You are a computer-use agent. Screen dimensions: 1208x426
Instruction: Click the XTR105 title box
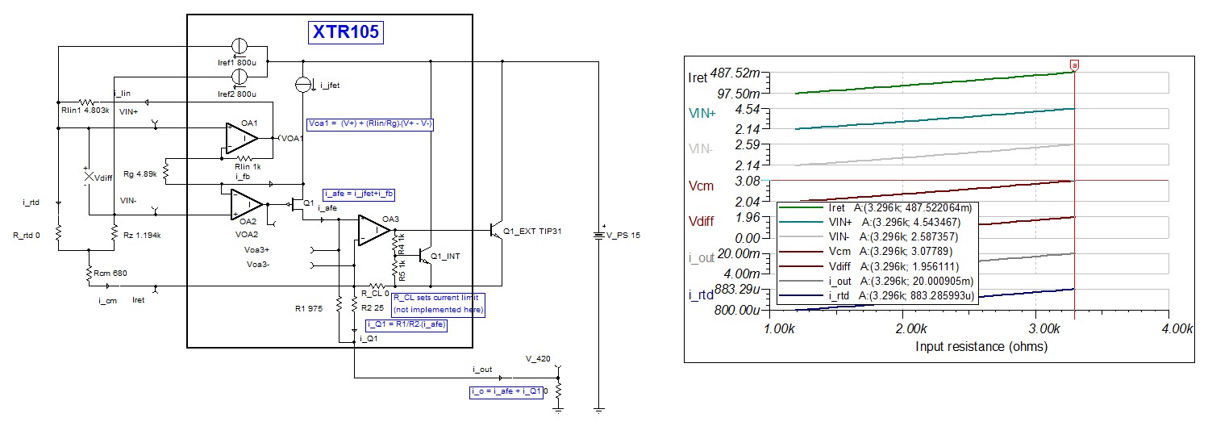click(346, 31)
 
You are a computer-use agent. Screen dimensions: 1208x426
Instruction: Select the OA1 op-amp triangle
click(241, 139)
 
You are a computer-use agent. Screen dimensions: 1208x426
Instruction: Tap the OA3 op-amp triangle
click(373, 230)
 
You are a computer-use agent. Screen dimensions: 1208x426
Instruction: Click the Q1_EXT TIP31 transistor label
click(532, 232)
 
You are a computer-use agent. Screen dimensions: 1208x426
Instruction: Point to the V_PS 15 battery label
click(623, 236)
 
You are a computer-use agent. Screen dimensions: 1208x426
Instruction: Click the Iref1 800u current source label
click(237, 63)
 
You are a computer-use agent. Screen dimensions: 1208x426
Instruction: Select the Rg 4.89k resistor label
click(140, 174)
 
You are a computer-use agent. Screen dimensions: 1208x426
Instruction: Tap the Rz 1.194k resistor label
click(142, 236)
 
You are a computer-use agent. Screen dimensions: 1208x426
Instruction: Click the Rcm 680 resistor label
click(110, 274)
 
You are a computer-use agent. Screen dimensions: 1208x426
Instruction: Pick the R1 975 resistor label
click(309, 309)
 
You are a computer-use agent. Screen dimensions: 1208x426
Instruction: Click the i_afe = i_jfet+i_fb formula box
click(359, 194)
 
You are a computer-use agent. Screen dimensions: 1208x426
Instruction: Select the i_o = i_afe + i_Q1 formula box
click(506, 392)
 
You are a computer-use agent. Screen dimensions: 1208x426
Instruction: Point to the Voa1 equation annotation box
click(370, 124)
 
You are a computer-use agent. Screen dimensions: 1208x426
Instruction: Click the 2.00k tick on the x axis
click(911, 329)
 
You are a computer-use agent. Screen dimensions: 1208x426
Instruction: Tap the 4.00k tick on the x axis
click(1177, 329)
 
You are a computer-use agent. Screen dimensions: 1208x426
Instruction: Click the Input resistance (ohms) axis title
click(981, 347)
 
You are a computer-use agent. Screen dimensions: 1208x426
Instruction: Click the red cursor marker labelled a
click(1074, 65)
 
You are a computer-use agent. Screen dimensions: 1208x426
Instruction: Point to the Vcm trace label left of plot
click(701, 186)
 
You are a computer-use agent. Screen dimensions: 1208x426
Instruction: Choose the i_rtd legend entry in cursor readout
click(877, 296)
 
